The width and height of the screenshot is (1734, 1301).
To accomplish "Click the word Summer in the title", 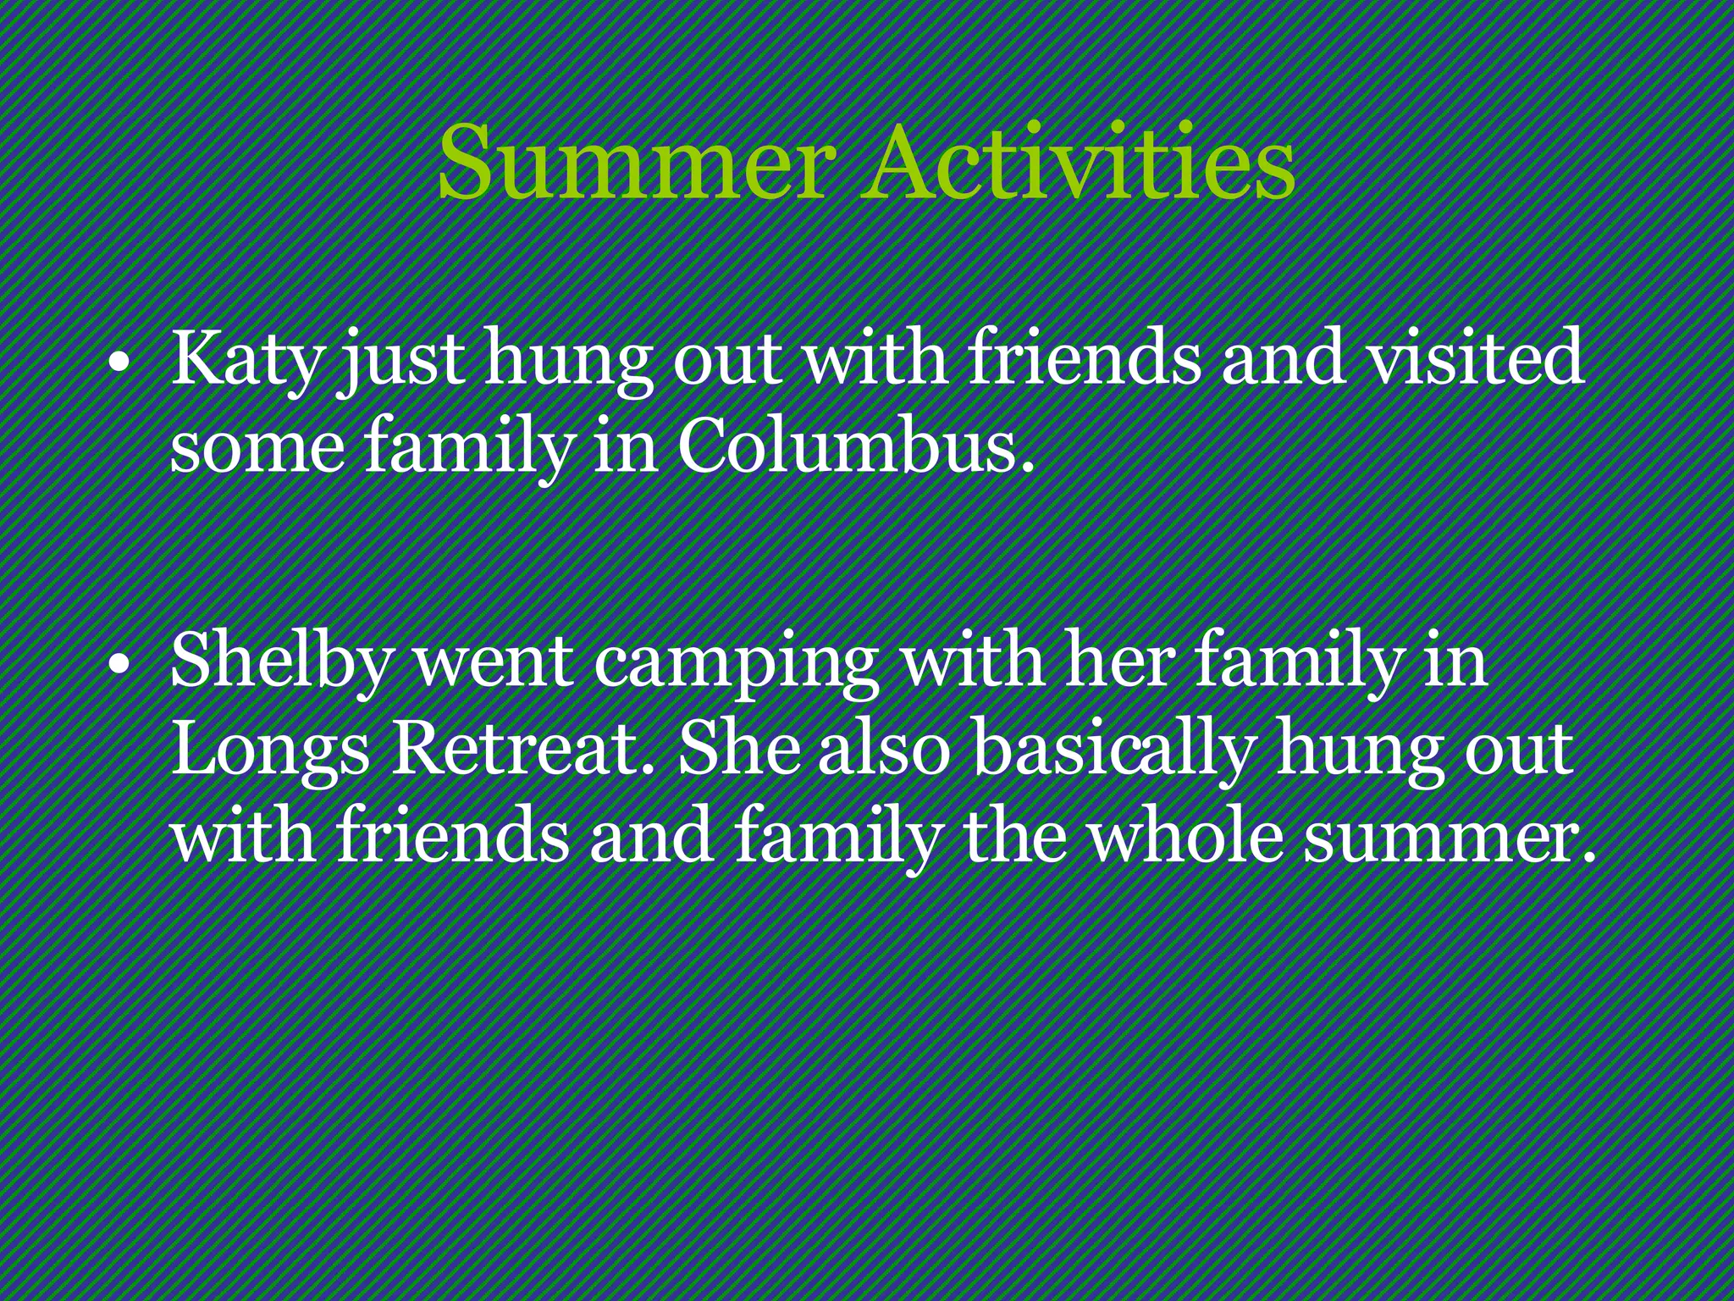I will click(x=635, y=163).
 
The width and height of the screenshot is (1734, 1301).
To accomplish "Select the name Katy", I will click(x=246, y=359).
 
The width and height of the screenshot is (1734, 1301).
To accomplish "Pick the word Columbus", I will click(x=854, y=446).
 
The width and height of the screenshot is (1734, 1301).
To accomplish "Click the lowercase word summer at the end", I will click(x=1447, y=839).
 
